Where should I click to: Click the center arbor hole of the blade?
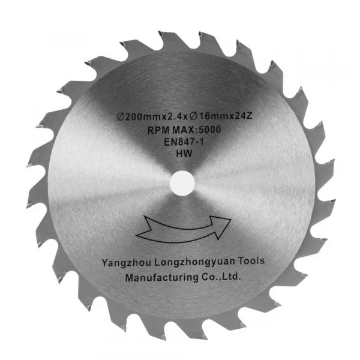coord(182,183)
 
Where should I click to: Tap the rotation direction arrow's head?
coord(220,226)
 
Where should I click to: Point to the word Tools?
coord(251,261)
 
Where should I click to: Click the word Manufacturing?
coord(161,278)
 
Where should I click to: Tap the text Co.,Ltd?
coord(221,277)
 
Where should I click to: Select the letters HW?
coord(184,154)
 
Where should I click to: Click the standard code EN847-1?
coord(184,142)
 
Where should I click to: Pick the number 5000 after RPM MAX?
coord(209,130)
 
